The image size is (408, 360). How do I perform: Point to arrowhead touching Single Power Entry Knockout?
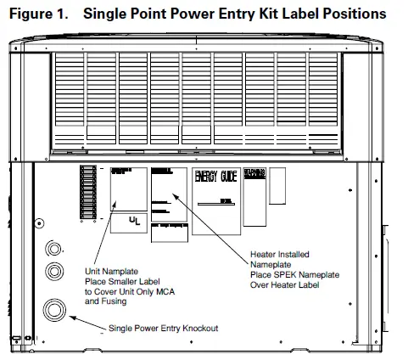tap(75, 317)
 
